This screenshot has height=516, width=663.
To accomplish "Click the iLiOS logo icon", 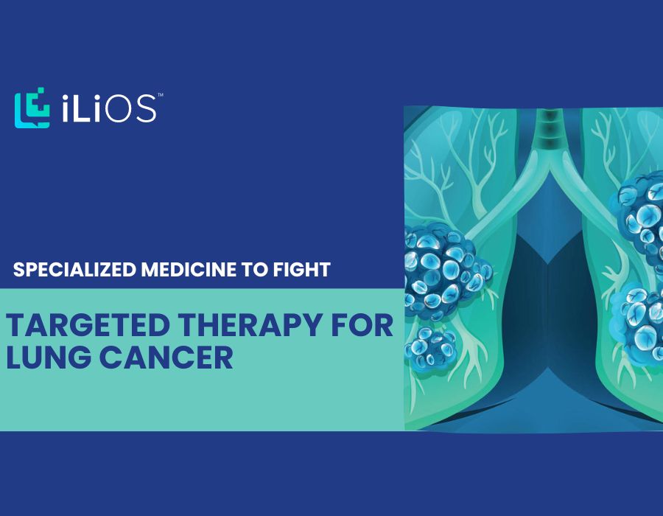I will [32, 108].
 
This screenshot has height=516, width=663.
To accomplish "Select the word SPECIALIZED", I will [71, 270].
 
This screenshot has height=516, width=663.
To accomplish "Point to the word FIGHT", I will [304, 270].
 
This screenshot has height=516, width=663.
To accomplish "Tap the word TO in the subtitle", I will [253, 270].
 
